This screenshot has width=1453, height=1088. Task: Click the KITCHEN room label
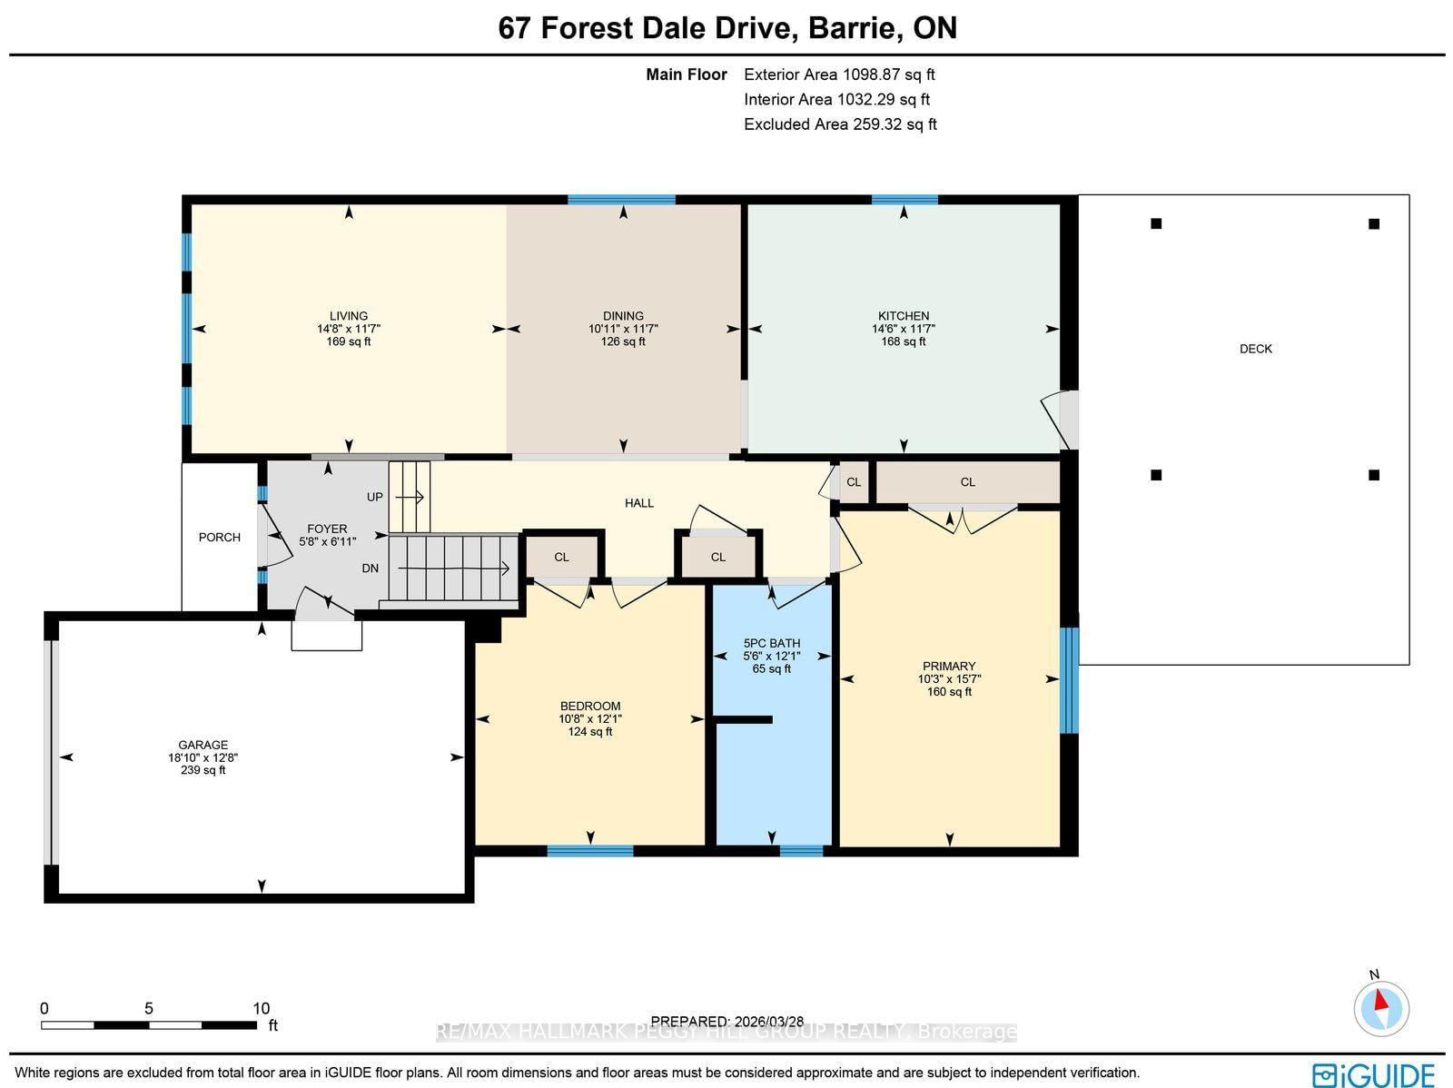903,316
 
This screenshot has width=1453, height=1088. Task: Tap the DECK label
1255,349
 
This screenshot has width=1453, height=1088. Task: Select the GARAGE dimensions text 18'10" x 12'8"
203,757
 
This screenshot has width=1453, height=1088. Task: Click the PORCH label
220,538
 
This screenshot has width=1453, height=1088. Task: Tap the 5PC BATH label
771,643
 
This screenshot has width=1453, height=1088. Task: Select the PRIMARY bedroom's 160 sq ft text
949,692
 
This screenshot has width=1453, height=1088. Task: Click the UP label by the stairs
375,497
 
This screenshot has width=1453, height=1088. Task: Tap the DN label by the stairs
370,569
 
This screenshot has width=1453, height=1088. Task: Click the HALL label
638,503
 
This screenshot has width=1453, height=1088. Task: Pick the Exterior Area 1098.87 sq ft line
838,75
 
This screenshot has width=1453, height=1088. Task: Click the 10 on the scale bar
261,1008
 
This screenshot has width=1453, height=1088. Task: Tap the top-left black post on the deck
1156,223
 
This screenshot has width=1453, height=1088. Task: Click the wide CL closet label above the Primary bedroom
967,482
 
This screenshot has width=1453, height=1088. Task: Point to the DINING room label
623,316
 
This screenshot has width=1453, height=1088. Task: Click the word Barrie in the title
849,28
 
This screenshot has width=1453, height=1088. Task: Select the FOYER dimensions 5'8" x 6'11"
327,541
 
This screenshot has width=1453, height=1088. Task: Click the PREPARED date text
726,1022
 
